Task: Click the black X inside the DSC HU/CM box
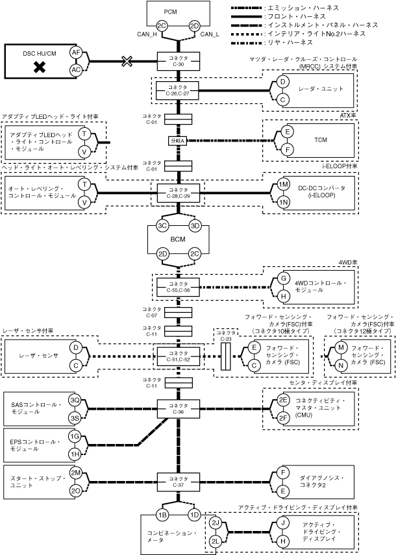click(x=40, y=67)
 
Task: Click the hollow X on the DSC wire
click(x=127, y=61)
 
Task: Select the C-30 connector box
click(x=179, y=61)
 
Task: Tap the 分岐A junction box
click(x=177, y=140)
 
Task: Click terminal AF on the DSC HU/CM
click(x=76, y=53)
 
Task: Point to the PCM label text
click(x=170, y=12)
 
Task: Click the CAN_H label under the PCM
click(x=147, y=34)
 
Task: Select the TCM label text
click(x=321, y=140)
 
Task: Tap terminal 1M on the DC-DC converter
click(x=283, y=184)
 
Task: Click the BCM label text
click(x=178, y=240)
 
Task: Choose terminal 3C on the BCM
click(x=162, y=226)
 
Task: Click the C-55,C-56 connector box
click(x=178, y=287)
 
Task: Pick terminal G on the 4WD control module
click(x=283, y=278)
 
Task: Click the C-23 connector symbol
click(x=225, y=356)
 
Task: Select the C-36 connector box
click(x=179, y=409)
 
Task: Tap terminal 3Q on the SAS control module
click(x=75, y=400)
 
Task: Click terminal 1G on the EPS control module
click(x=75, y=436)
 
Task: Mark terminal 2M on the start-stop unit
click(x=75, y=473)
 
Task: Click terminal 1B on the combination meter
click(x=162, y=515)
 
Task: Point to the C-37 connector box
click(x=179, y=482)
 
